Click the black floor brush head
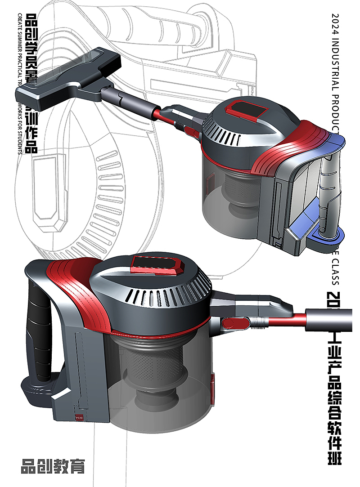(x=67, y=76)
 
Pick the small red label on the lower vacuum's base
(x=80, y=417)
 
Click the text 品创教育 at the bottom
(x=53, y=466)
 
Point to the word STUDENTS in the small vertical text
(x=20, y=139)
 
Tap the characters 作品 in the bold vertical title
(x=31, y=135)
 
